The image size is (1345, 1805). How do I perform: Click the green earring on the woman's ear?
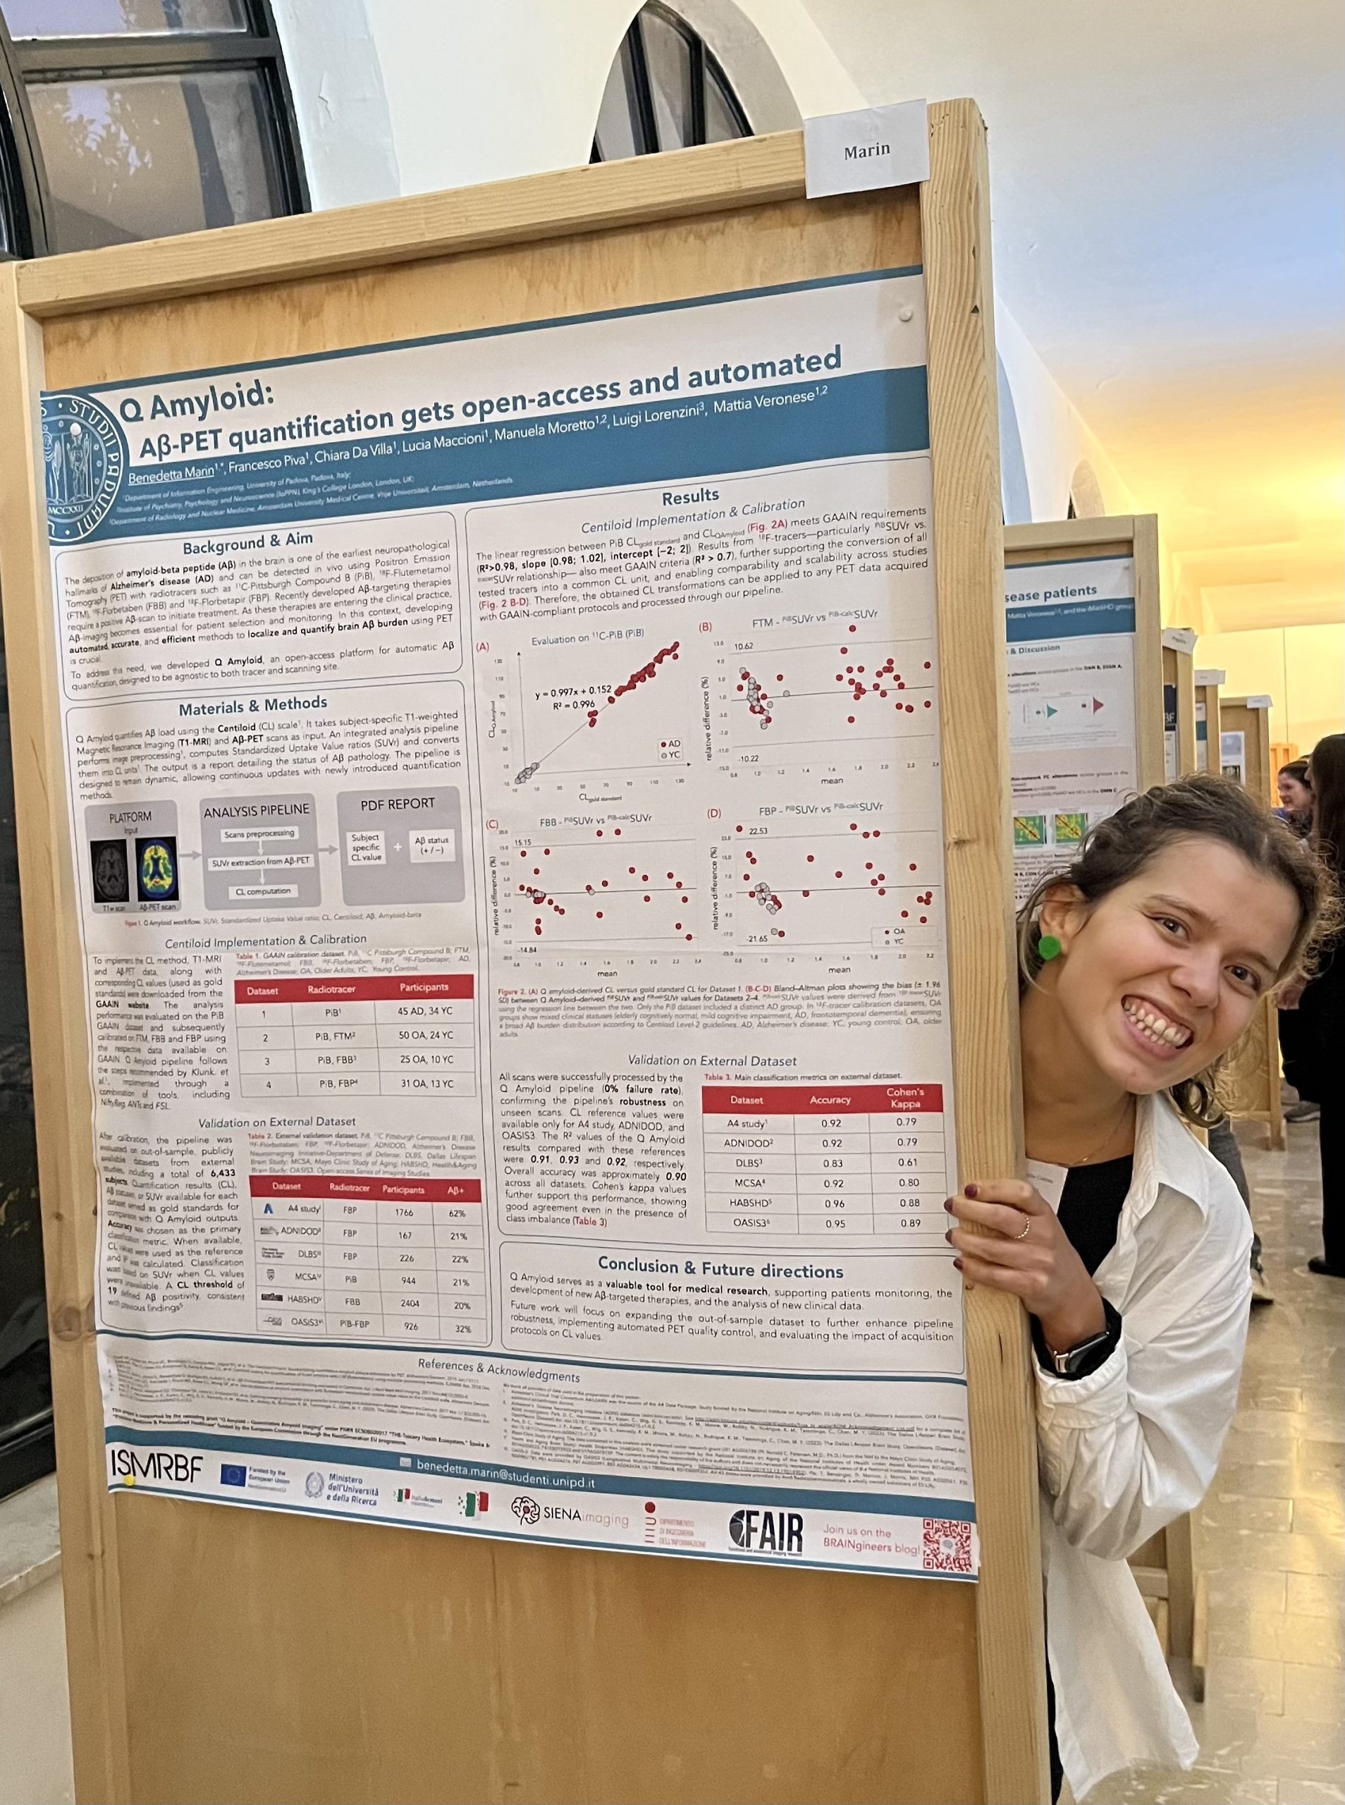[1049, 946]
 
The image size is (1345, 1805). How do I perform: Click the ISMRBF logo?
[156, 1464]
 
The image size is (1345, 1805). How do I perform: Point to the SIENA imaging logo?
[569, 1512]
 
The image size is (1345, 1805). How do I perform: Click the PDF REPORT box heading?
[398, 804]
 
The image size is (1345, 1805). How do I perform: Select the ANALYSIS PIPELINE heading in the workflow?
[257, 811]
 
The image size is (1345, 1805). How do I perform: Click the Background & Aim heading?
[247, 543]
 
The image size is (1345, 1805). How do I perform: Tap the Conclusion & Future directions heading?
[720, 1268]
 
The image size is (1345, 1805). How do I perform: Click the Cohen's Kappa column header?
[904, 1098]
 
